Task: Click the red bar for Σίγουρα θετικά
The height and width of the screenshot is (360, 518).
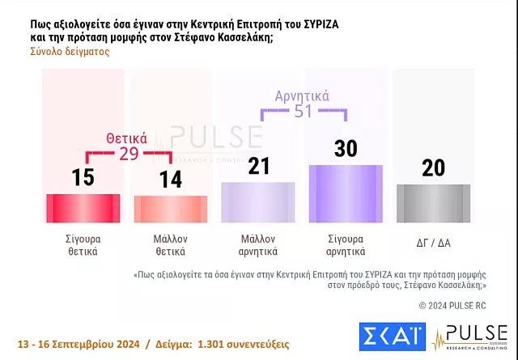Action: (x=83, y=207)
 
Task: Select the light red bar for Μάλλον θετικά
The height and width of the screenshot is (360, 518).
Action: (x=170, y=209)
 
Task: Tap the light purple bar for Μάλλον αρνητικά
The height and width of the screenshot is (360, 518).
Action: (x=257, y=202)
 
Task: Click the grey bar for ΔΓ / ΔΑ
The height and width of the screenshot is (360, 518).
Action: (x=433, y=203)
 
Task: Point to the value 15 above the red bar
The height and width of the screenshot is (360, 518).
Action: (x=83, y=177)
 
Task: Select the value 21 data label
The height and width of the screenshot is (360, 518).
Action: (x=257, y=166)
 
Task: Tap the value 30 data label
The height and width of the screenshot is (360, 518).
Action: (x=346, y=148)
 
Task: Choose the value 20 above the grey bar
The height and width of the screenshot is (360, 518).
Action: (x=433, y=167)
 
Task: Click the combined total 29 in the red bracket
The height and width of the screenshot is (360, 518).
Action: (x=129, y=154)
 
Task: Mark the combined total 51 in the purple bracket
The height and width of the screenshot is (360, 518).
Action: (x=302, y=111)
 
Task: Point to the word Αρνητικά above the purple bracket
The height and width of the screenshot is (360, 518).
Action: (x=302, y=96)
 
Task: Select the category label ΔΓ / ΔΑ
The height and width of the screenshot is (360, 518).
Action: (x=433, y=239)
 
